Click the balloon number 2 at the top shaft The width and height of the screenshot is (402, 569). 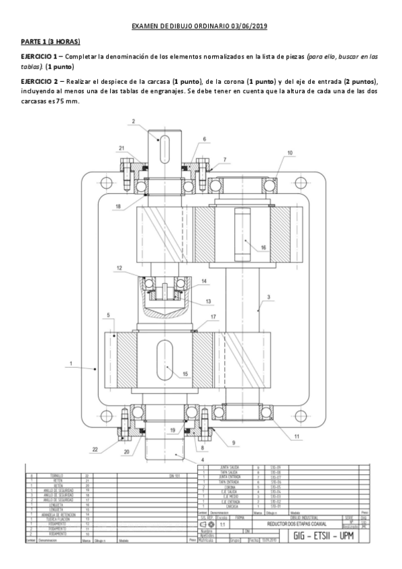click(134, 121)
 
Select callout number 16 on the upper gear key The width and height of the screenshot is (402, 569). click(263, 248)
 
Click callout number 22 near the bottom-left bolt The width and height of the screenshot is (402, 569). click(95, 449)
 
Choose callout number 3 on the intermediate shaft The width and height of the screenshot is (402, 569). click(268, 297)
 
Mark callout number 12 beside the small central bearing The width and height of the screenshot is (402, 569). click(118, 268)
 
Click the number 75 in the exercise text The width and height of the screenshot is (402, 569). click(60, 101)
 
